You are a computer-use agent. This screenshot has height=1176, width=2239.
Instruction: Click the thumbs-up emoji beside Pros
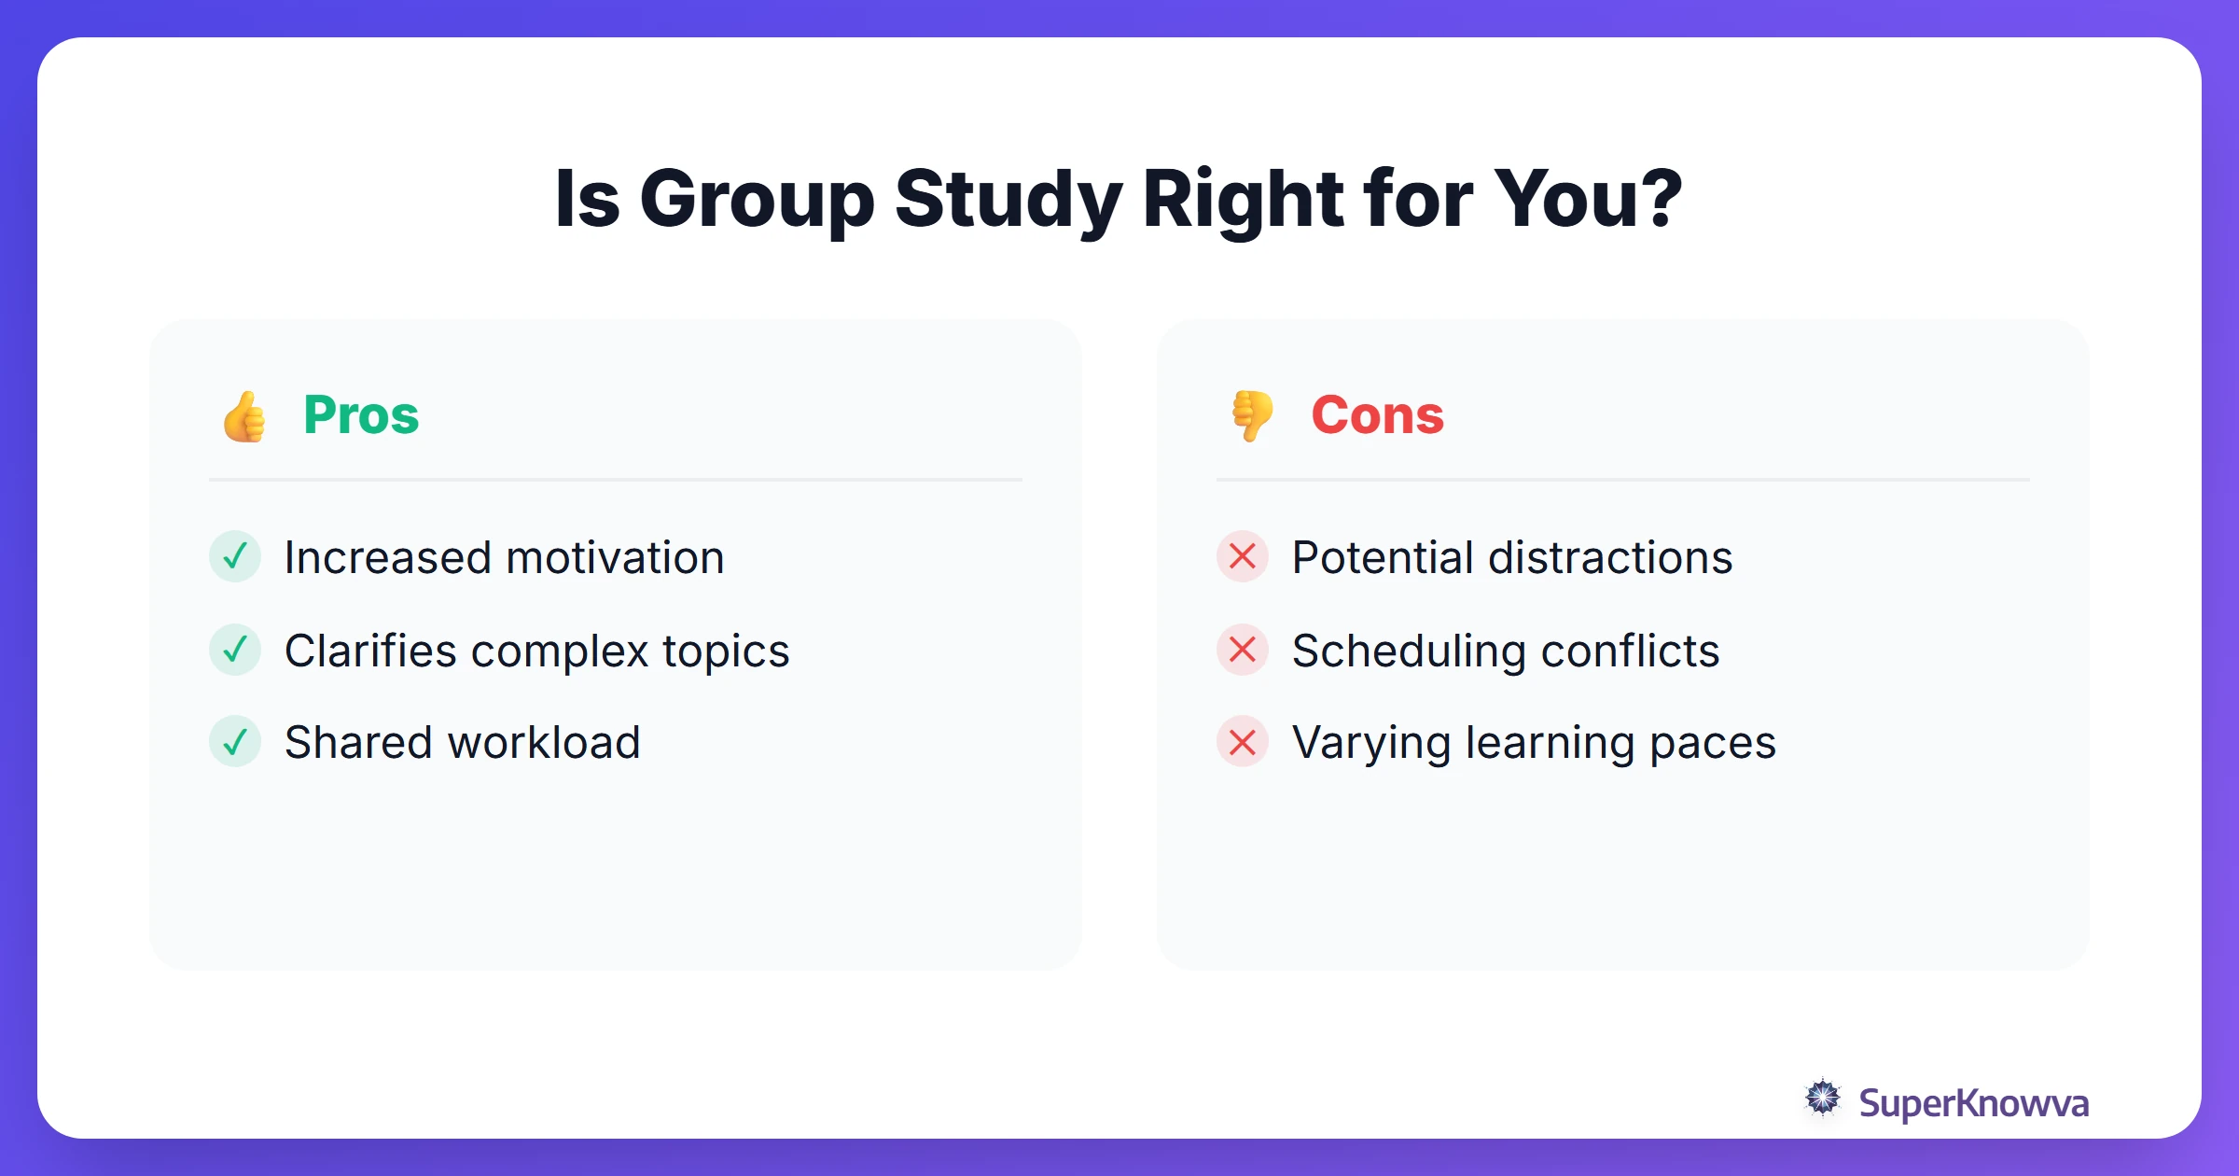click(244, 416)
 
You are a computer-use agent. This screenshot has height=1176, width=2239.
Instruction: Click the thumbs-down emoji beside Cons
click(1252, 416)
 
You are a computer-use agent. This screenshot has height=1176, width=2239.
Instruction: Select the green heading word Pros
click(361, 415)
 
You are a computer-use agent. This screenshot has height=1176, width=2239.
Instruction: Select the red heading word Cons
click(1377, 415)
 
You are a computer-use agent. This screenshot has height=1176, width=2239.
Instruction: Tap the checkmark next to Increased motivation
click(235, 557)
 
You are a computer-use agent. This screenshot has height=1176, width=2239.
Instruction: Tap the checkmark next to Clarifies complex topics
click(235, 650)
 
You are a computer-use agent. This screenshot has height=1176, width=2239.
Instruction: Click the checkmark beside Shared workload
click(235, 742)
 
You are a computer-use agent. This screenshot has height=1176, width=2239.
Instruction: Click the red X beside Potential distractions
click(1243, 557)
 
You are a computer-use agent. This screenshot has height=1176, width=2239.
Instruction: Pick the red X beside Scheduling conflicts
click(1243, 650)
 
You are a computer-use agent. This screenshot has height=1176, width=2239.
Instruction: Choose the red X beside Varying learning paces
click(1243, 742)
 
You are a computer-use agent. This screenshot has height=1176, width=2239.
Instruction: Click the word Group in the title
click(757, 201)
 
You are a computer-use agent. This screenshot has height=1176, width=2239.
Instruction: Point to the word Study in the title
click(1008, 201)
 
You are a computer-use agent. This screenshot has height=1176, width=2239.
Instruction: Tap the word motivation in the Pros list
click(615, 558)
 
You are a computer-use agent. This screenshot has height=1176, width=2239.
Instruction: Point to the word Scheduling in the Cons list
click(1409, 651)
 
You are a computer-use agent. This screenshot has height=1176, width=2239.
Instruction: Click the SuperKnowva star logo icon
click(1823, 1099)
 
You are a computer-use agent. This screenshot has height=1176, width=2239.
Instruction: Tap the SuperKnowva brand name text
click(1973, 1103)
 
